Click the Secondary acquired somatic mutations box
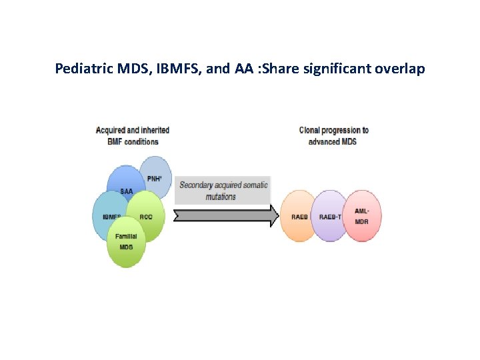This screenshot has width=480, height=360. point(223,191)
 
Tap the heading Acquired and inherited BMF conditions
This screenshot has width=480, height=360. point(132,135)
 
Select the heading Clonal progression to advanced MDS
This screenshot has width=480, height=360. point(333,135)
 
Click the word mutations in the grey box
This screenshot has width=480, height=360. point(221,197)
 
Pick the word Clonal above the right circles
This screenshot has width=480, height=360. point(310,130)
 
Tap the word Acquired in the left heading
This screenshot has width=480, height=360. point(111,130)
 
